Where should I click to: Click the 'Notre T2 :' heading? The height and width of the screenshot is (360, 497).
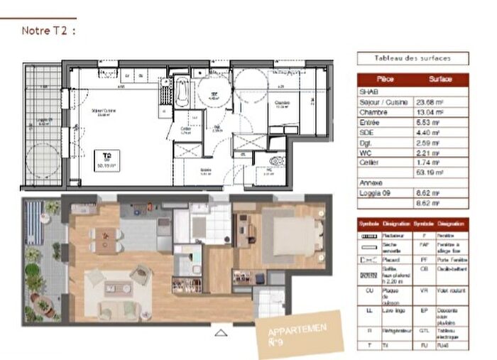coord(48,31)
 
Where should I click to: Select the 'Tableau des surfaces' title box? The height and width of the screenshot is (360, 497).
coord(412,58)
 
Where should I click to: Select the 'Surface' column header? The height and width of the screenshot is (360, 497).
coord(440,80)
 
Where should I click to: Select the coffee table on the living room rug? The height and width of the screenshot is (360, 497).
coord(115,288)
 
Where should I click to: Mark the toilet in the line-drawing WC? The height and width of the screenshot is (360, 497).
coord(278,161)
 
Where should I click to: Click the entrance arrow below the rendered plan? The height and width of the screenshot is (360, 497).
coord(221,332)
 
